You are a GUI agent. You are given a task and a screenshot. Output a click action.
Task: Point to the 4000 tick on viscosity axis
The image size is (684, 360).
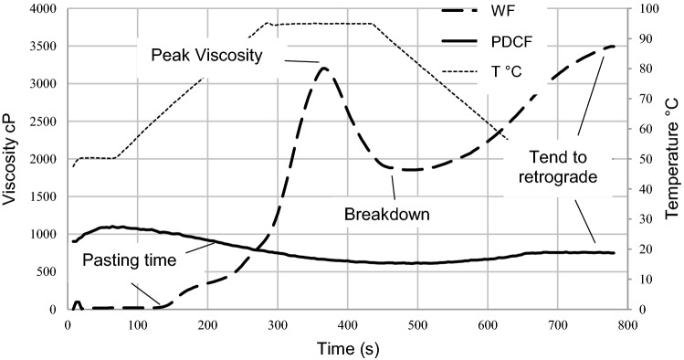pyautogui.click(x=42, y=9)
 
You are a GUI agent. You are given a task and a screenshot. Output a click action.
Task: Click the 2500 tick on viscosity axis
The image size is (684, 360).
pyautogui.click(x=42, y=122)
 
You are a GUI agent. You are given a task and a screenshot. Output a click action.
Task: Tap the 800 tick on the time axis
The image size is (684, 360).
pyautogui.click(x=626, y=323)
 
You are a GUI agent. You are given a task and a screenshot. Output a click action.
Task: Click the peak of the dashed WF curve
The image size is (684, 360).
pyautogui.click(x=324, y=67)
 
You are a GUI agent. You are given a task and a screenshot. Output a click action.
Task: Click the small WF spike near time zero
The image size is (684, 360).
pyautogui.click(x=77, y=302)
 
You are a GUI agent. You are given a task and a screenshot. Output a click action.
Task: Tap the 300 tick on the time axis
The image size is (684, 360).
pyautogui.click(x=277, y=323)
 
